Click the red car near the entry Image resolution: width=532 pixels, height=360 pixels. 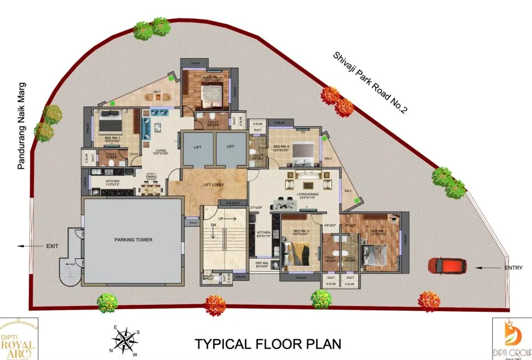(447, 266)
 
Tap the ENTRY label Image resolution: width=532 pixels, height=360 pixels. (514, 268)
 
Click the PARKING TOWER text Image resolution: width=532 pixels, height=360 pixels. (133, 239)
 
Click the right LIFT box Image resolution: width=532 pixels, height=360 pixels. (230, 147)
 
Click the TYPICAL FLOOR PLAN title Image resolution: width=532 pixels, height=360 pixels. (267, 344)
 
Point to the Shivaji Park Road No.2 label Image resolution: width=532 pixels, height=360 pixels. (369, 83)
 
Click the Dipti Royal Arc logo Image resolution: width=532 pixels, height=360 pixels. (19, 339)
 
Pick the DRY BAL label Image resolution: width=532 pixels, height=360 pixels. (262, 263)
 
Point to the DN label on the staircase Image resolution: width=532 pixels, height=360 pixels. (213, 225)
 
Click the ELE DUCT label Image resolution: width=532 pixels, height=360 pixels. (232, 203)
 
